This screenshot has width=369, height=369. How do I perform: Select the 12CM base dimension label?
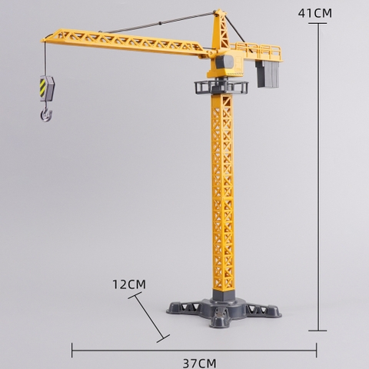click(128, 284)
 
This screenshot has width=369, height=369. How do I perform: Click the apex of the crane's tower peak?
click(219, 12)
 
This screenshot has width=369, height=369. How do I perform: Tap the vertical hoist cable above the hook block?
click(44, 58)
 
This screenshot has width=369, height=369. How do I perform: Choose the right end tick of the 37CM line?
click(316, 349)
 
